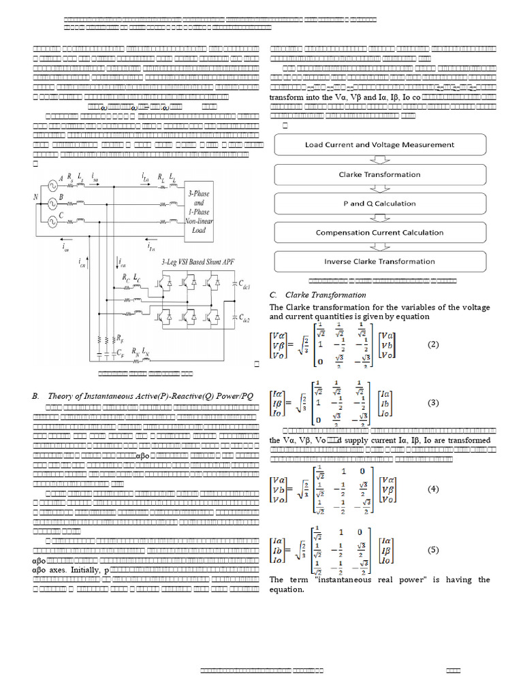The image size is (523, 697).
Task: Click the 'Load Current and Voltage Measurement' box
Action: tap(379, 145)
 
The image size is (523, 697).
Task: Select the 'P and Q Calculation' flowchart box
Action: tap(379, 204)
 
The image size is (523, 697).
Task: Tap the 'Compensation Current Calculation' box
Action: tap(379, 232)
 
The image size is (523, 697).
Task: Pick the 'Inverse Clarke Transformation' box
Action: tap(379, 261)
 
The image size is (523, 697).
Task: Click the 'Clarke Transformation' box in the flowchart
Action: tap(379, 174)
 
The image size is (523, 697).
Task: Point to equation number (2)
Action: tap(434, 344)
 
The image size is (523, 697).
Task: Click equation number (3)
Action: tap(434, 402)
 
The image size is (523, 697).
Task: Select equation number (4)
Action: tap(434, 489)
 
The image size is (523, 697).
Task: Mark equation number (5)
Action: tap(434, 550)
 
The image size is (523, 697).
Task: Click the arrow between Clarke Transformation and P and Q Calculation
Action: tap(379, 189)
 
